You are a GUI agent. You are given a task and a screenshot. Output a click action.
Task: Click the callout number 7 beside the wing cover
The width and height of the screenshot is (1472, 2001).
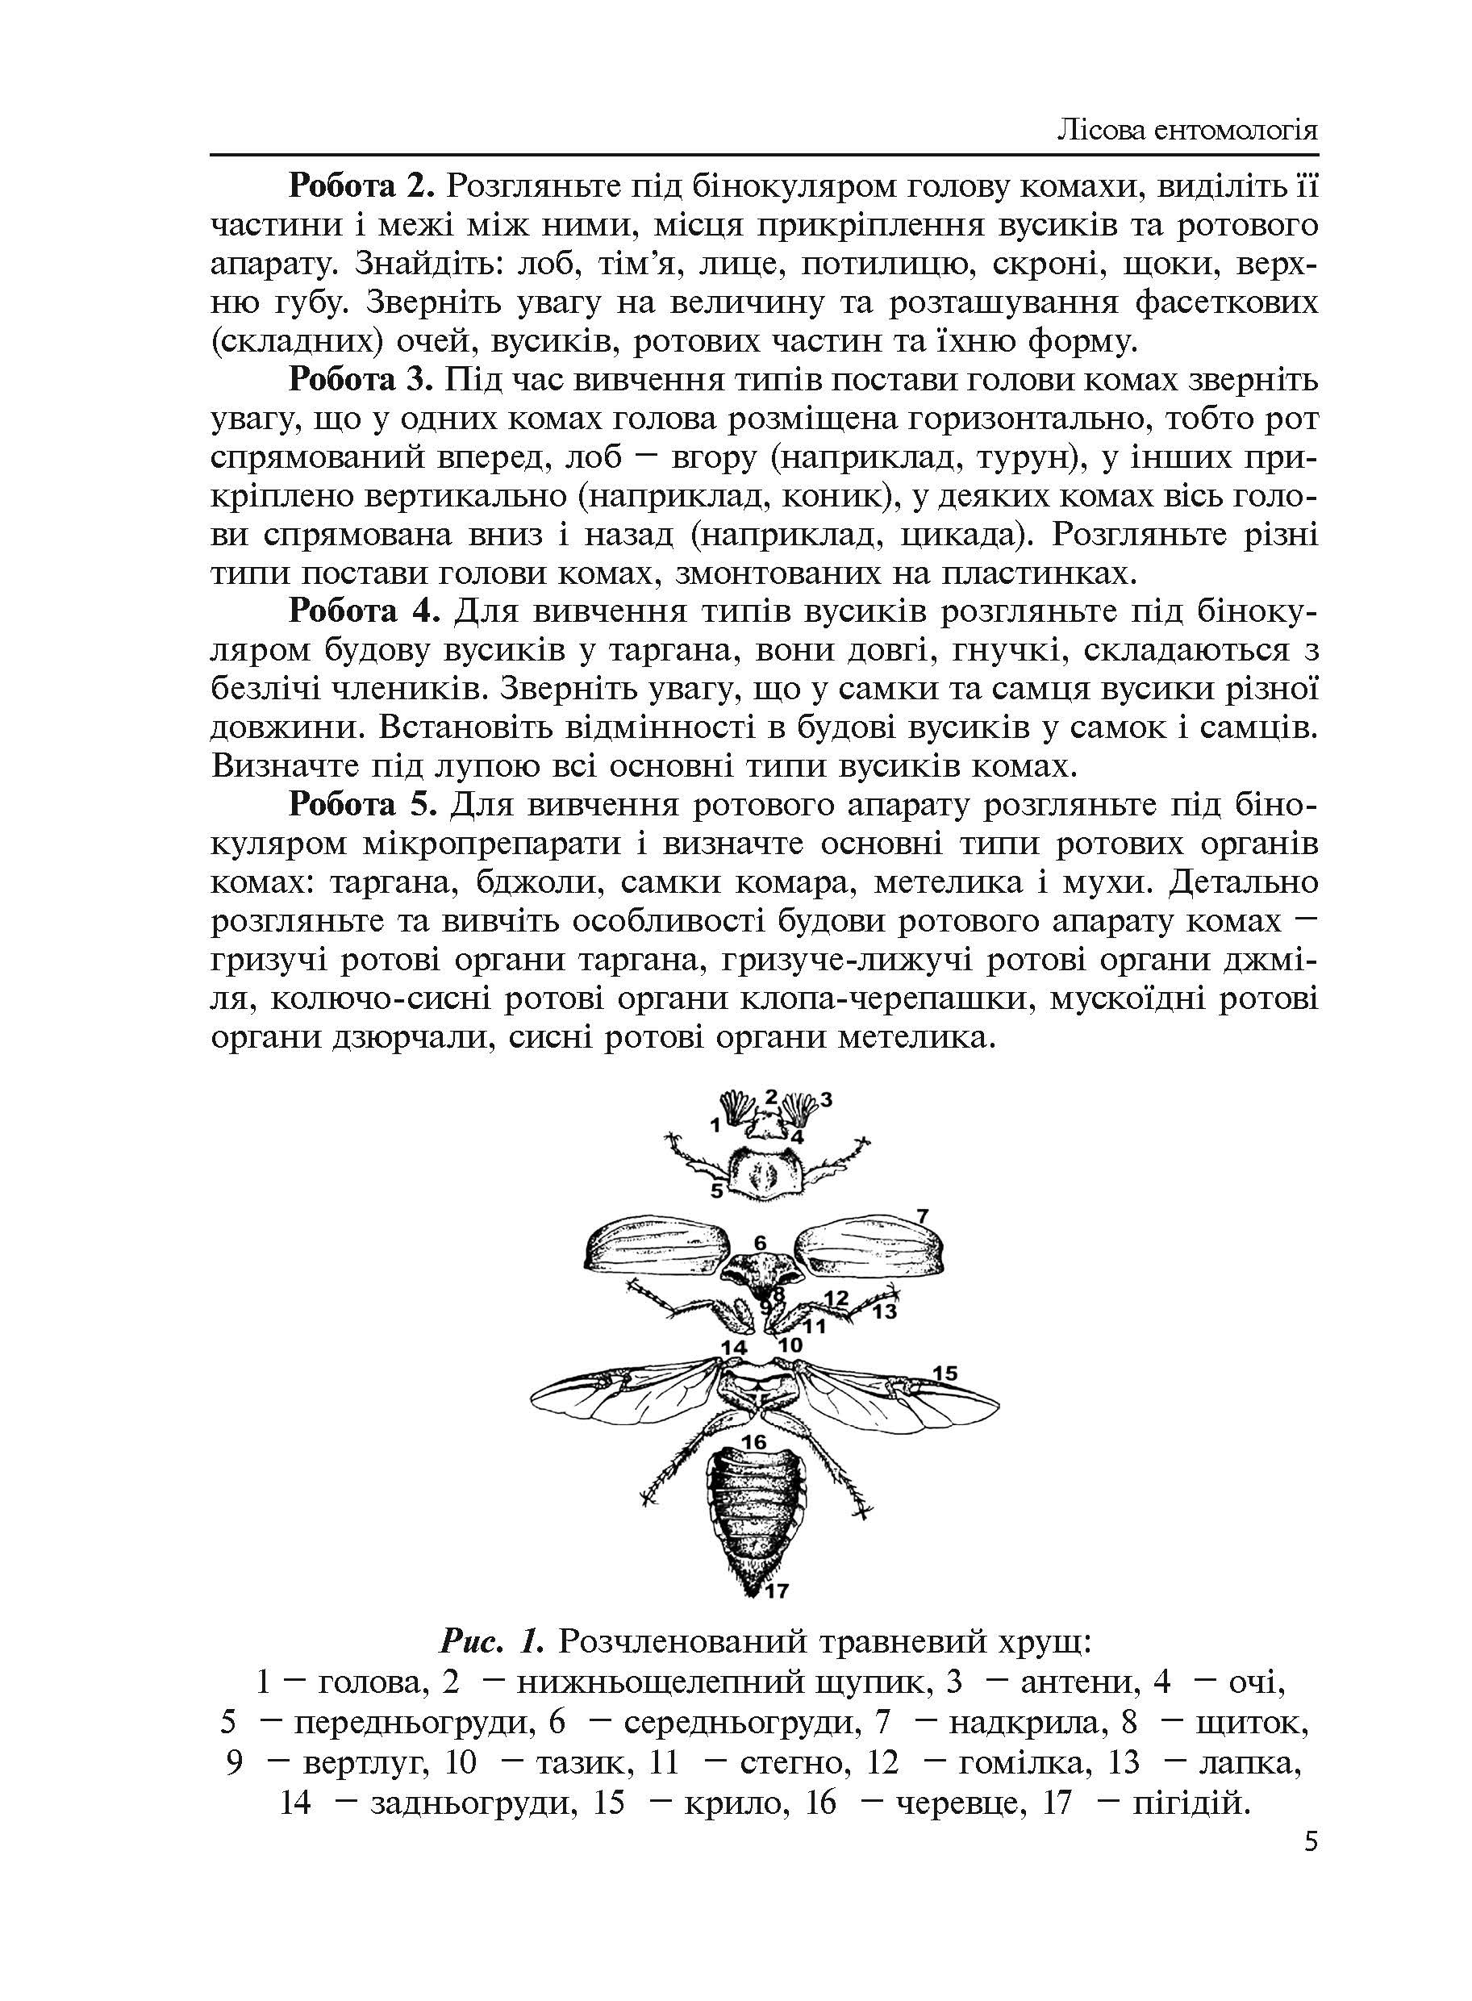pos(922,1216)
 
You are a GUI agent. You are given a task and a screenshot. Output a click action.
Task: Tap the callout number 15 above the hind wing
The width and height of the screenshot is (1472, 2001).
pos(944,1373)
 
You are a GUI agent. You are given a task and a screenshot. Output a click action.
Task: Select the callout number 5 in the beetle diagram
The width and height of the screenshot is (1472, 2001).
pos(715,1190)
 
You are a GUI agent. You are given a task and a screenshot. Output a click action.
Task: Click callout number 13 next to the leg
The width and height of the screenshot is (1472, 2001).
pos(884,1311)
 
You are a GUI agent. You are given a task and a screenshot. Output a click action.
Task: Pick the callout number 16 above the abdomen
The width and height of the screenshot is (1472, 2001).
pos(754,1441)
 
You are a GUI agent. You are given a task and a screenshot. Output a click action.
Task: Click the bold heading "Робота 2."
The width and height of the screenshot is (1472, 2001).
pos(361,187)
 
